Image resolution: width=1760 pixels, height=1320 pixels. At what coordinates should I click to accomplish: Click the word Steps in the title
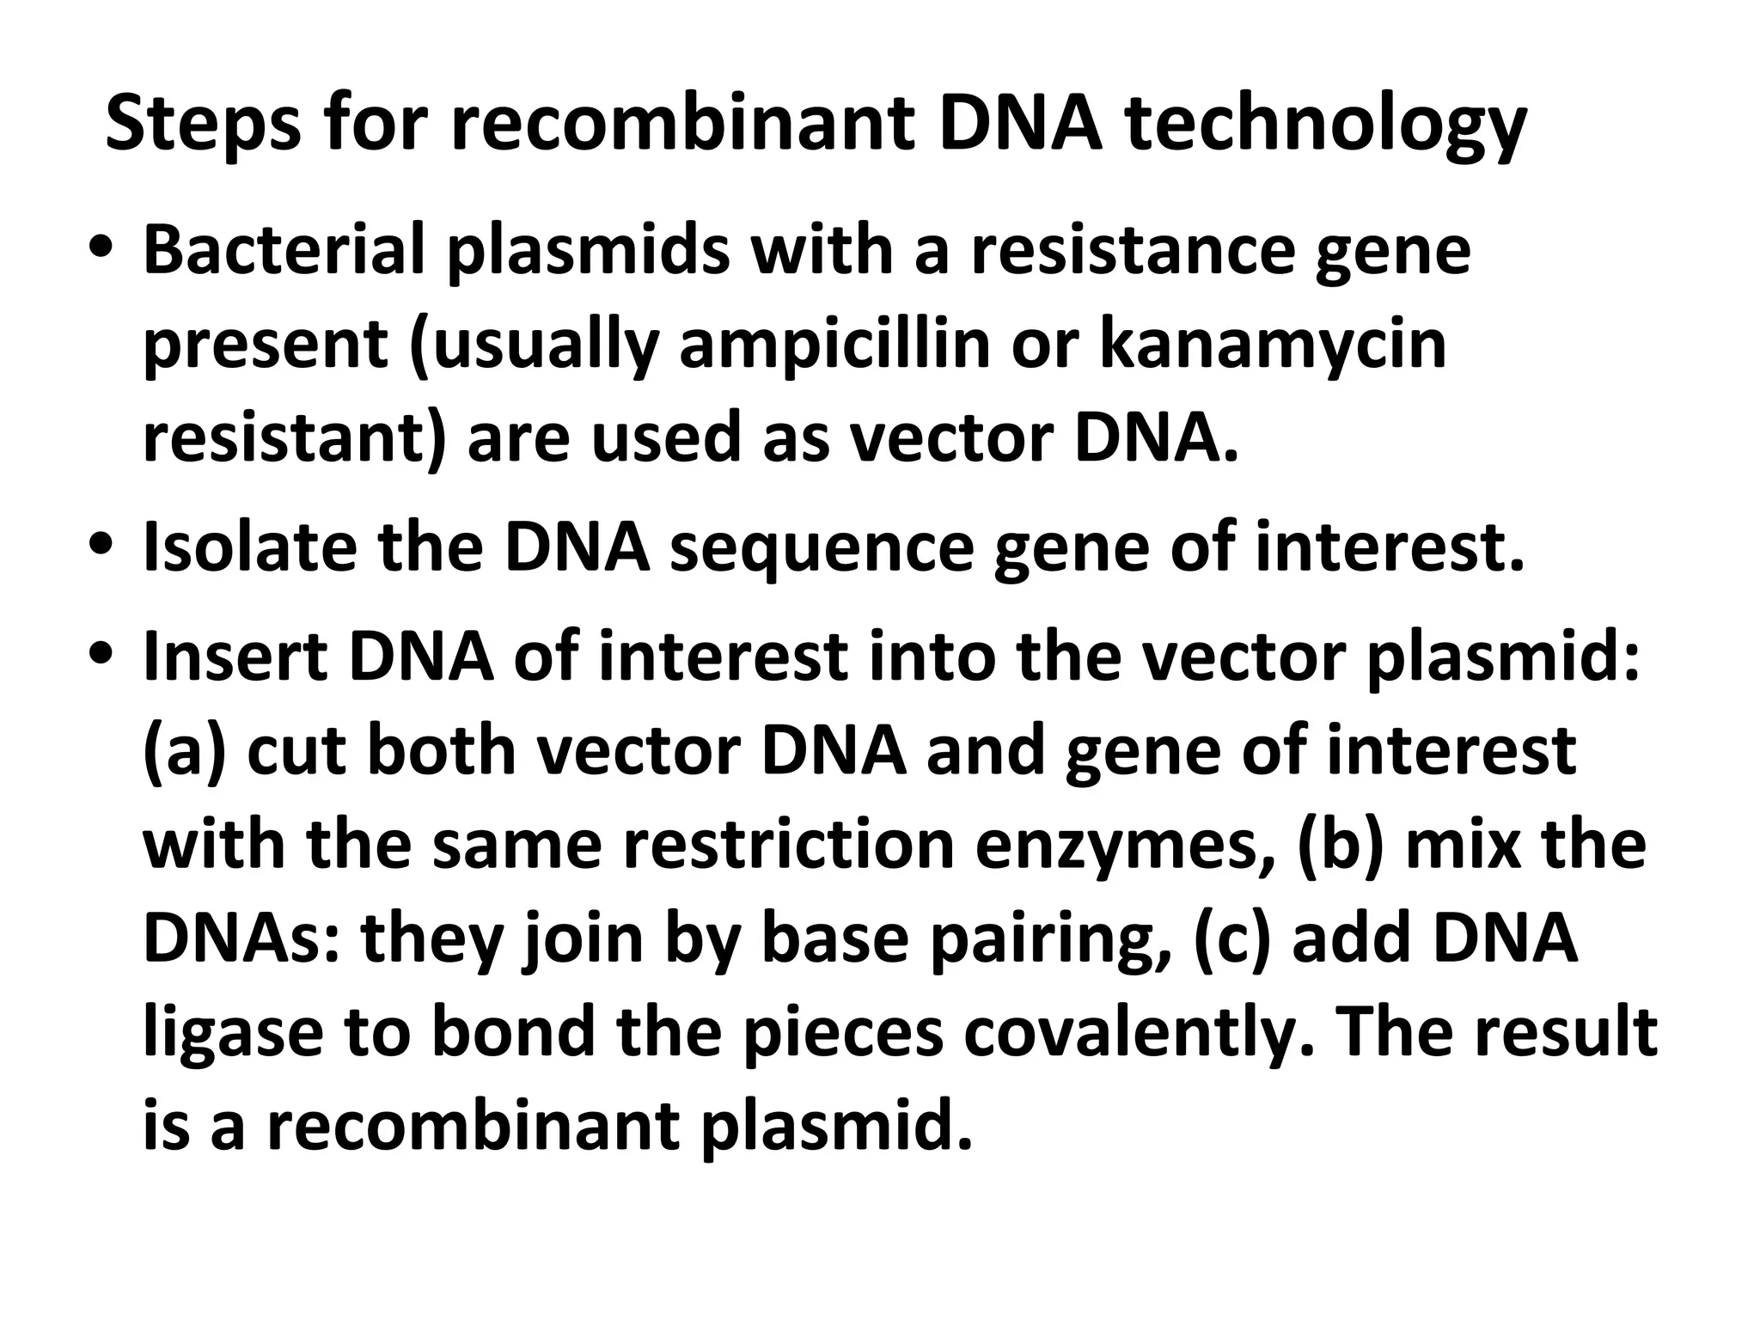click(x=203, y=125)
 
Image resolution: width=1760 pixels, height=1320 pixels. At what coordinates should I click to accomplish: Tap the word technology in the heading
click(x=1325, y=125)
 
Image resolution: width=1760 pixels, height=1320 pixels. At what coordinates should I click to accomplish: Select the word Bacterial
click(x=284, y=250)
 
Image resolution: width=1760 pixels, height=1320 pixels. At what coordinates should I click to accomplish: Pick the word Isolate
click(x=249, y=547)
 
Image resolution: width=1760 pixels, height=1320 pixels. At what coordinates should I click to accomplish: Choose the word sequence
click(x=821, y=547)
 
